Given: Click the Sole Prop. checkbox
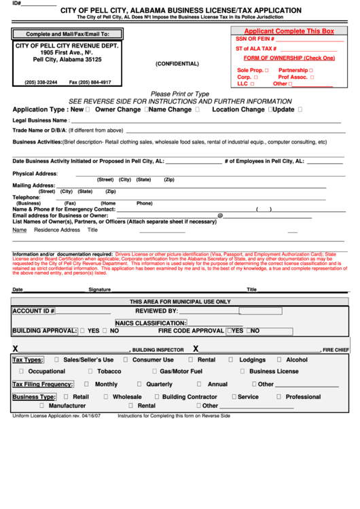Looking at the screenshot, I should (266, 70).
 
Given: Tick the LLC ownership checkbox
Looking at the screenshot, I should (253, 84).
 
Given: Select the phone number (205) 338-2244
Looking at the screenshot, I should (41, 82).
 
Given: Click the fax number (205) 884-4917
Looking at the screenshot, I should (90, 82).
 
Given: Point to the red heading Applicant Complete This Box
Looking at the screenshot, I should (289, 31).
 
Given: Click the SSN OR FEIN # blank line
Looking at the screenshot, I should (306, 39).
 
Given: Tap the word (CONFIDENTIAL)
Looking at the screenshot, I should (177, 64).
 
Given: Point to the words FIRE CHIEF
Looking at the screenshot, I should (336, 349).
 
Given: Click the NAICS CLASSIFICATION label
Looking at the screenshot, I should (150, 323).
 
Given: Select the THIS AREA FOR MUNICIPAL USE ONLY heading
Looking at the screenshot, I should (180, 301).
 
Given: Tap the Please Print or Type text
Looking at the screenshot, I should (179, 94).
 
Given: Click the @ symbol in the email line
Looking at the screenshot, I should (220, 215).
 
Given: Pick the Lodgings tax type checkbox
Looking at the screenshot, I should (231, 359).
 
